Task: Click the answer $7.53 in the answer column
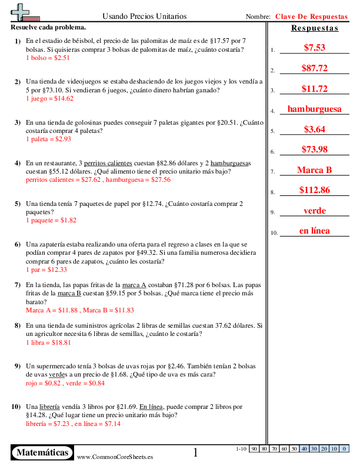point(314,48)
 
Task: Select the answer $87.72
point(314,68)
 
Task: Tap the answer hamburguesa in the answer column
point(314,109)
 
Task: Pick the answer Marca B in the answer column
point(314,170)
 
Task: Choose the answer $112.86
point(314,190)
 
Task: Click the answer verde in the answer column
point(314,211)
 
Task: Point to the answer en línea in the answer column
point(314,231)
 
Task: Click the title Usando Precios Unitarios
point(145,16)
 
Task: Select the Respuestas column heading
point(315,28)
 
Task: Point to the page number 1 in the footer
point(196,452)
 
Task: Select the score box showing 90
point(254,449)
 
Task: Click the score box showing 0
point(344,449)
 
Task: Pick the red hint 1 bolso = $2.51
point(48,58)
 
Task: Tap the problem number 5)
point(18,204)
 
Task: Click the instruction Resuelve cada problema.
point(48,28)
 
